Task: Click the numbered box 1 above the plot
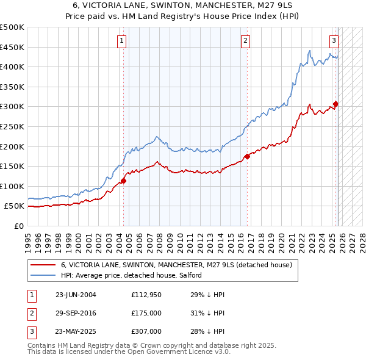(x=122, y=41)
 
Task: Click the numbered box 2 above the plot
(x=245, y=41)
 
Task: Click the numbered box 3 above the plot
(x=334, y=41)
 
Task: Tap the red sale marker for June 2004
(x=123, y=181)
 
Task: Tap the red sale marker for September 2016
(x=247, y=156)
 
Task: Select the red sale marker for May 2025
(x=335, y=104)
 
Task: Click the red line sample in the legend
(x=43, y=265)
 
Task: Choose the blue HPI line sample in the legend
(x=43, y=276)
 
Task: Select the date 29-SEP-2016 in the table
(x=76, y=313)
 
